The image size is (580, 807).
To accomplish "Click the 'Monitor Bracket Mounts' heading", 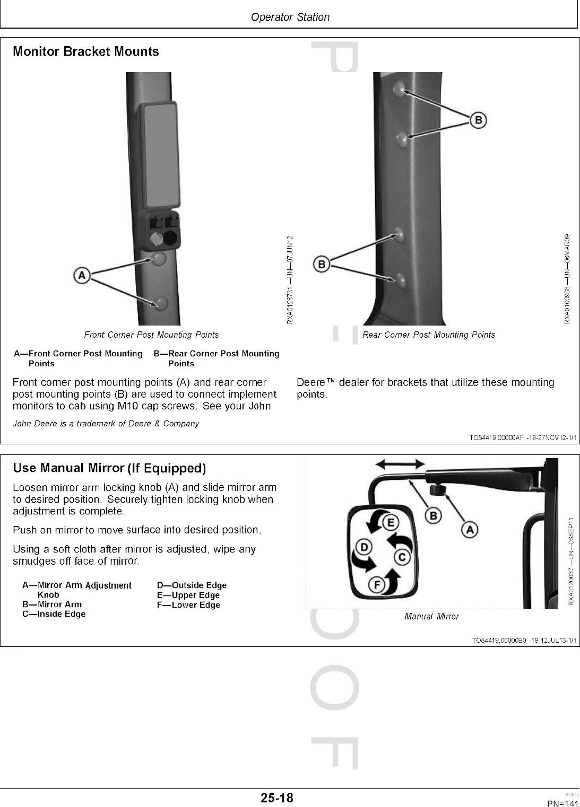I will pos(85,51).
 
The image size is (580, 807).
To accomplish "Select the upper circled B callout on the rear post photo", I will pos(478,120).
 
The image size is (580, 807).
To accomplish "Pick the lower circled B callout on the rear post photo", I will pos(321,263).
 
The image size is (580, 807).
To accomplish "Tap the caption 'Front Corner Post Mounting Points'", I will pos(151,335).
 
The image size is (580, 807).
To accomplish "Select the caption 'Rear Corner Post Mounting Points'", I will pos(428,335).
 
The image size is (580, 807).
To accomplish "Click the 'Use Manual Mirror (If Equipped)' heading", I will pos(109,468).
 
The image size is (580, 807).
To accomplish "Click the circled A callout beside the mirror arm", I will pos(470,529).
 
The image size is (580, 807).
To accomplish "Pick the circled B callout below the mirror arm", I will pos(432,515).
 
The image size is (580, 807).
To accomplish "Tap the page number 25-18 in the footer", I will pos(276,797).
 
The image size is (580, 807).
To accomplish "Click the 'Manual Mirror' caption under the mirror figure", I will pos(431,616).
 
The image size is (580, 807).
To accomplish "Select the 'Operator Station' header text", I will pos(290,17).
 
